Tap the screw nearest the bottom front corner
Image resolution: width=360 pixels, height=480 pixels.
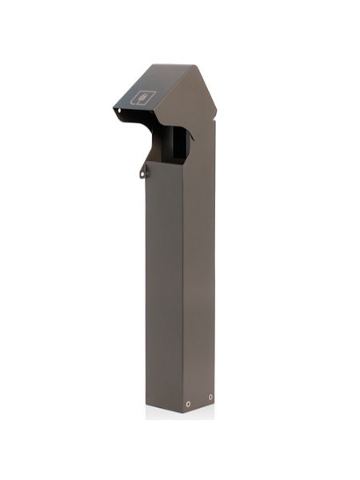[188, 403]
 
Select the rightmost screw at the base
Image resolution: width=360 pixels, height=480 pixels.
[210, 397]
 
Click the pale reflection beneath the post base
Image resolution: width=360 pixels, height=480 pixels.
[180, 417]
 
